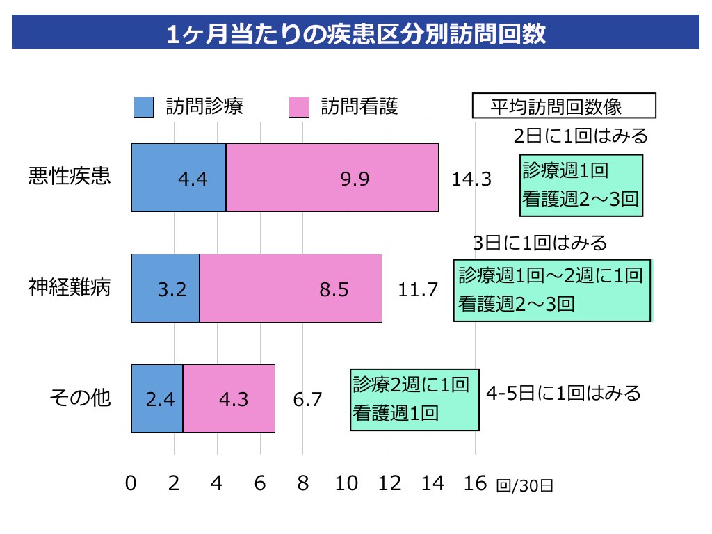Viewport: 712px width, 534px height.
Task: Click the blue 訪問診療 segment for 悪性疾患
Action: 179,177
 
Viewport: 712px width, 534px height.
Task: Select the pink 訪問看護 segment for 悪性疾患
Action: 332,177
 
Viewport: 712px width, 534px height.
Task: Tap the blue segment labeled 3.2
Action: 165,288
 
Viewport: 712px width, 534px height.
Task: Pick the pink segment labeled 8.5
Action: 291,288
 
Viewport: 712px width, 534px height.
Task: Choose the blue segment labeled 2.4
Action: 157,398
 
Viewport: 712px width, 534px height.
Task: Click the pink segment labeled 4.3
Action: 229,398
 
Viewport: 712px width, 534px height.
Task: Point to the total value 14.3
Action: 471,179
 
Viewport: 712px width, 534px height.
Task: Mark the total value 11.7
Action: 418,289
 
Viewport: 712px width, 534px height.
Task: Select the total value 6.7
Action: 307,400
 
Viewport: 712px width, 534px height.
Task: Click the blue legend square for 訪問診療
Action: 143,107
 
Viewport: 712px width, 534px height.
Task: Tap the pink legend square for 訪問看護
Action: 298,107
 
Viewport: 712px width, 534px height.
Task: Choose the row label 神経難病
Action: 70,286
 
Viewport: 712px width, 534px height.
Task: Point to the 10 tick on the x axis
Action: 346,483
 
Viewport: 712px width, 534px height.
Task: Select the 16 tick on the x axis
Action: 475,483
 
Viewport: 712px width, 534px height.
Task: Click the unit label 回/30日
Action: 525,485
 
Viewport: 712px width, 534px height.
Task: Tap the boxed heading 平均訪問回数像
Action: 563,106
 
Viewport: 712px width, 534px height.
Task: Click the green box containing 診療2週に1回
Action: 414,399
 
